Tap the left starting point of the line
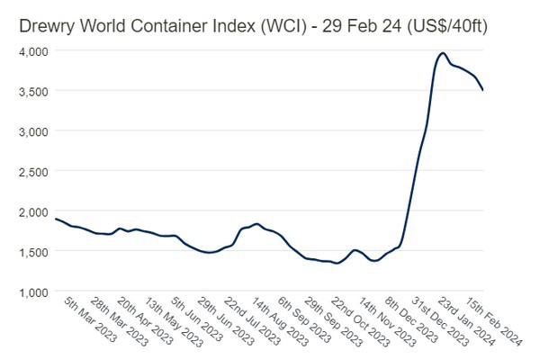coord(56,219)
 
